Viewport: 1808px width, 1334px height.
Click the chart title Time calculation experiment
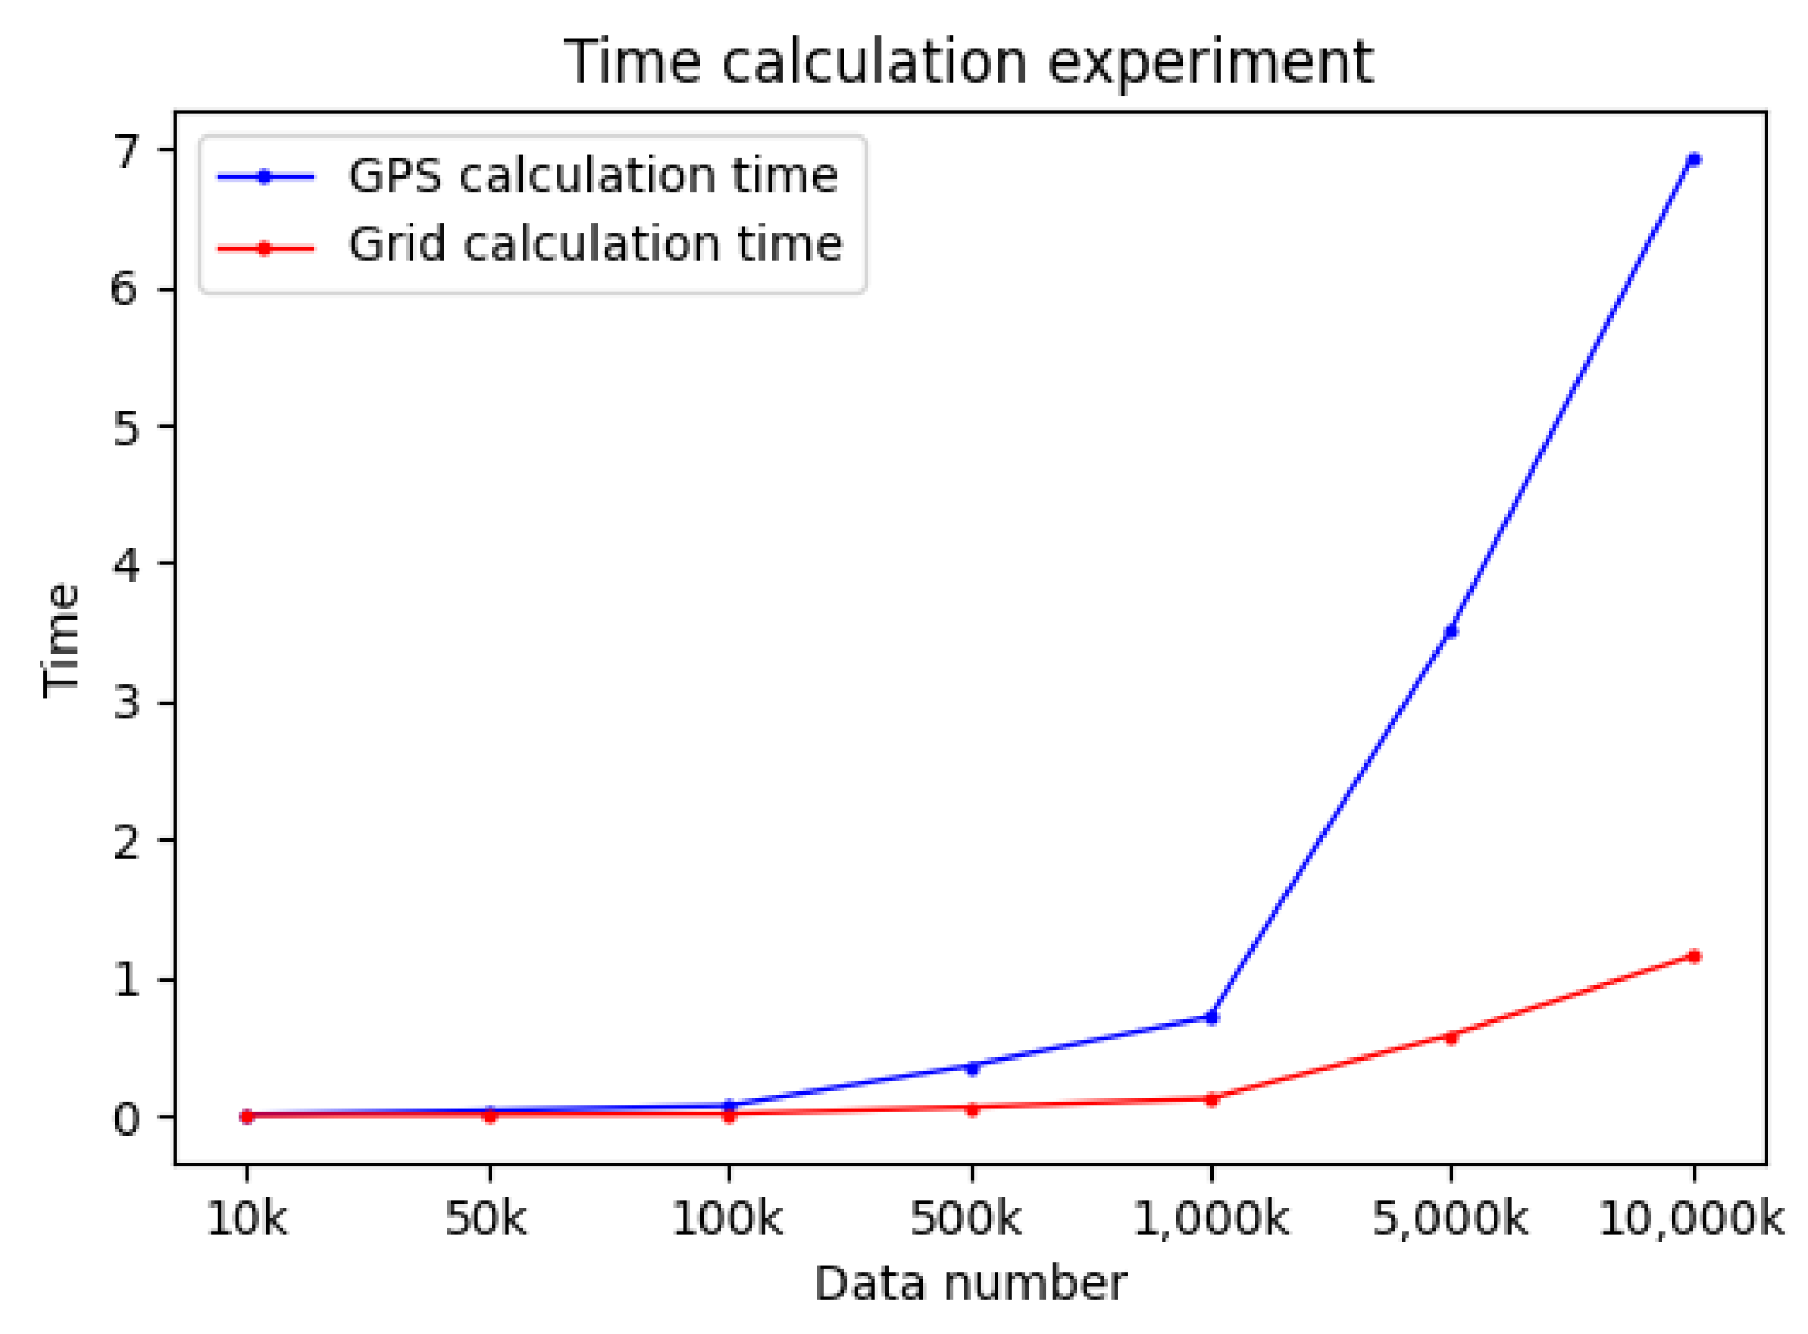tap(968, 62)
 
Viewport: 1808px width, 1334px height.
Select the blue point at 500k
tap(972, 1068)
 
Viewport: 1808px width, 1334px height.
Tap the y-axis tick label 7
tap(126, 151)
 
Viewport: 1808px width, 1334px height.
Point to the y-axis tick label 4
tap(126, 563)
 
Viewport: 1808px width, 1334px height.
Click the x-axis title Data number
tap(969, 1284)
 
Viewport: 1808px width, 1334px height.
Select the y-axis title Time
tap(62, 639)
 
